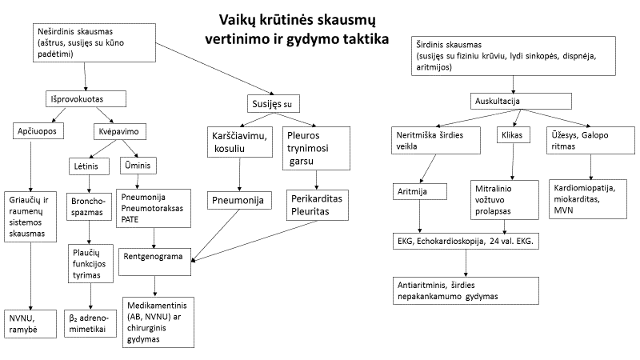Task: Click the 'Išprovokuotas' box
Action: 86,98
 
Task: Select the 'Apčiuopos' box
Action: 38,131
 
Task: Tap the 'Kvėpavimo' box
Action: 120,131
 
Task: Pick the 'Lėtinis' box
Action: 89,166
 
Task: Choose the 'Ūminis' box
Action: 138,166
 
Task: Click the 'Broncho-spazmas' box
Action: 89,206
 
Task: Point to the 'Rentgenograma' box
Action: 154,262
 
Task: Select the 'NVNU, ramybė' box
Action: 30,324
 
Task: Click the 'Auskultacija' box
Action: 521,102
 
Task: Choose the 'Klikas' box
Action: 513,135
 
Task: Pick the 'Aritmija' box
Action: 419,191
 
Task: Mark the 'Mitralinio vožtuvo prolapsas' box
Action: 505,200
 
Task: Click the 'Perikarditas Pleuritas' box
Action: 317,205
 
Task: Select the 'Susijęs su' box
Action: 274,104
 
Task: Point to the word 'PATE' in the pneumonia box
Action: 130,219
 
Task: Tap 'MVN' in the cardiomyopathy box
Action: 563,210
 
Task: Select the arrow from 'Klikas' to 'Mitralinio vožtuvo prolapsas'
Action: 513,162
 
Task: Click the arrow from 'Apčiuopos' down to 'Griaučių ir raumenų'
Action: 30,166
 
